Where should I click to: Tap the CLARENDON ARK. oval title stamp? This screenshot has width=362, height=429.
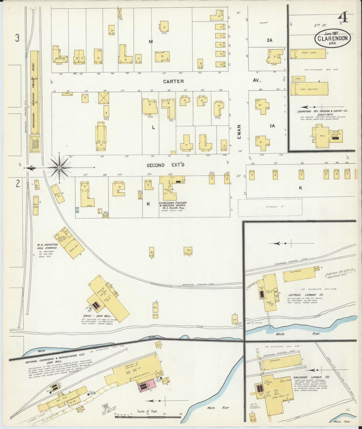(x=332, y=38)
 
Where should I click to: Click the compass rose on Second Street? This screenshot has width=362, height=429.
(x=59, y=167)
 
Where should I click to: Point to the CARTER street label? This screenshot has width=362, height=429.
(x=173, y=81)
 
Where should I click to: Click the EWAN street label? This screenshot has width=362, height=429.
(x=239, y=132)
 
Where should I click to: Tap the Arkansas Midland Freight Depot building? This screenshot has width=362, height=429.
(x=35, y=93)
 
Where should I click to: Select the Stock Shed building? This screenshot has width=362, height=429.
(x=308, y=53)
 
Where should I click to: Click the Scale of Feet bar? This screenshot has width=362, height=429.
(x=148, y=417)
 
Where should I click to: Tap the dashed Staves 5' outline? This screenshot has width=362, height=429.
(x=270, y=207)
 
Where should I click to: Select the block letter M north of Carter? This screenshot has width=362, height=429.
(x=151, y=42)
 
